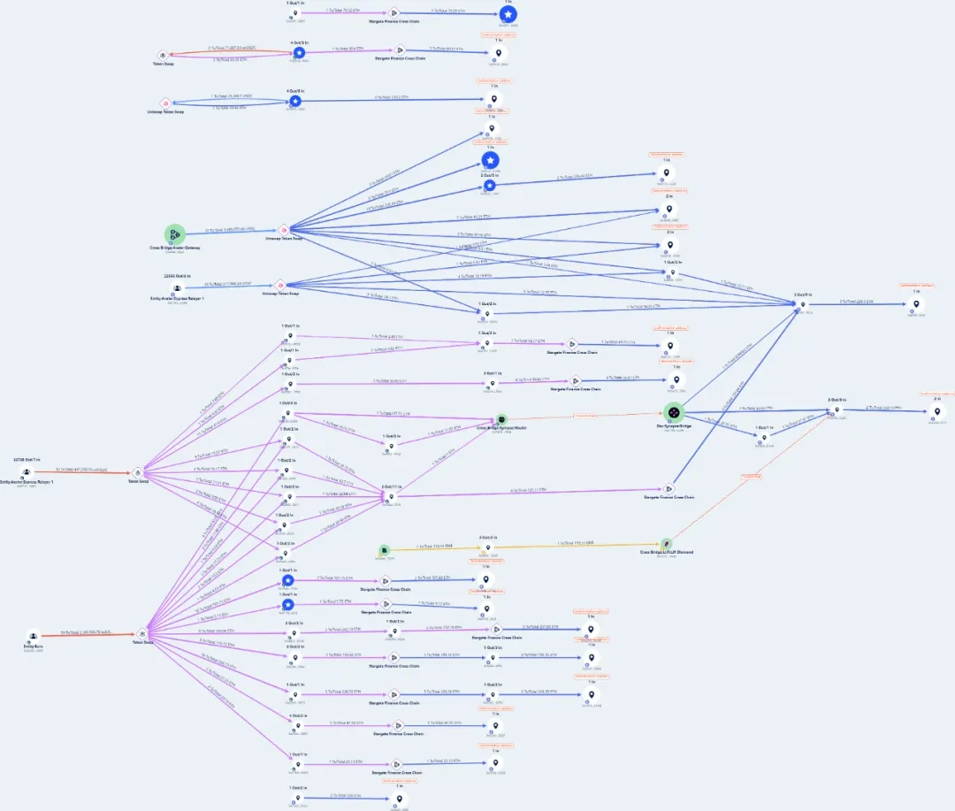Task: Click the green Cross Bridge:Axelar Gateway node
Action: coord(175,234)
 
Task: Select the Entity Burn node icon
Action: coord(33,635)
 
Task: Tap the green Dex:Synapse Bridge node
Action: coord(674,412)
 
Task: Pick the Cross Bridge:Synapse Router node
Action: coord(500,419)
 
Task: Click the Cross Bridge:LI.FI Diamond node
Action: coord(667,544)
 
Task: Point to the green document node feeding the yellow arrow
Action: coord(384,549)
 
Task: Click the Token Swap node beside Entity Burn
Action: coord(143,633)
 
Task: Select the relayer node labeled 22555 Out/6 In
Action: coord(178,287)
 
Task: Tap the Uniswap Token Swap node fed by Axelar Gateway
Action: coord(284,230)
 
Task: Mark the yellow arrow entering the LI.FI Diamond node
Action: coord(575,546)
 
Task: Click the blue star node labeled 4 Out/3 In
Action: coord(299,54)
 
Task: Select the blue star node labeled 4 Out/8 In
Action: coord(295,102)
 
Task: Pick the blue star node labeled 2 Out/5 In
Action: coord(489,186)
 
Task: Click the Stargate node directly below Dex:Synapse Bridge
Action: coord(669,488)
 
